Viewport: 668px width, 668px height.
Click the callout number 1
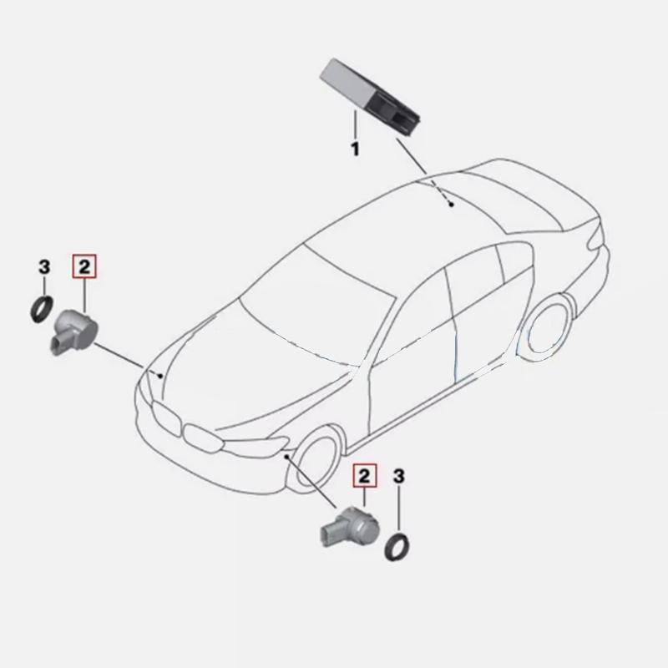tap(354, 150)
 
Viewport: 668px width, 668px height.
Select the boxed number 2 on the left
tap(85, 268)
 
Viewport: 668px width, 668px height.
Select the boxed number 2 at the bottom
tap(364, 477)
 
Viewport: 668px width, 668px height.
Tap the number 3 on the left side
tap(44, 268)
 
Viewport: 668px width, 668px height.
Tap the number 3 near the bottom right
tap(398, 477)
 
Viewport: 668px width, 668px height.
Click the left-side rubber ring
tap(40, 310)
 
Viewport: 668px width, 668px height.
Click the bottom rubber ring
tap(396, 545)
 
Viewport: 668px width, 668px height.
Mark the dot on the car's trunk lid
tap(450, 203)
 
